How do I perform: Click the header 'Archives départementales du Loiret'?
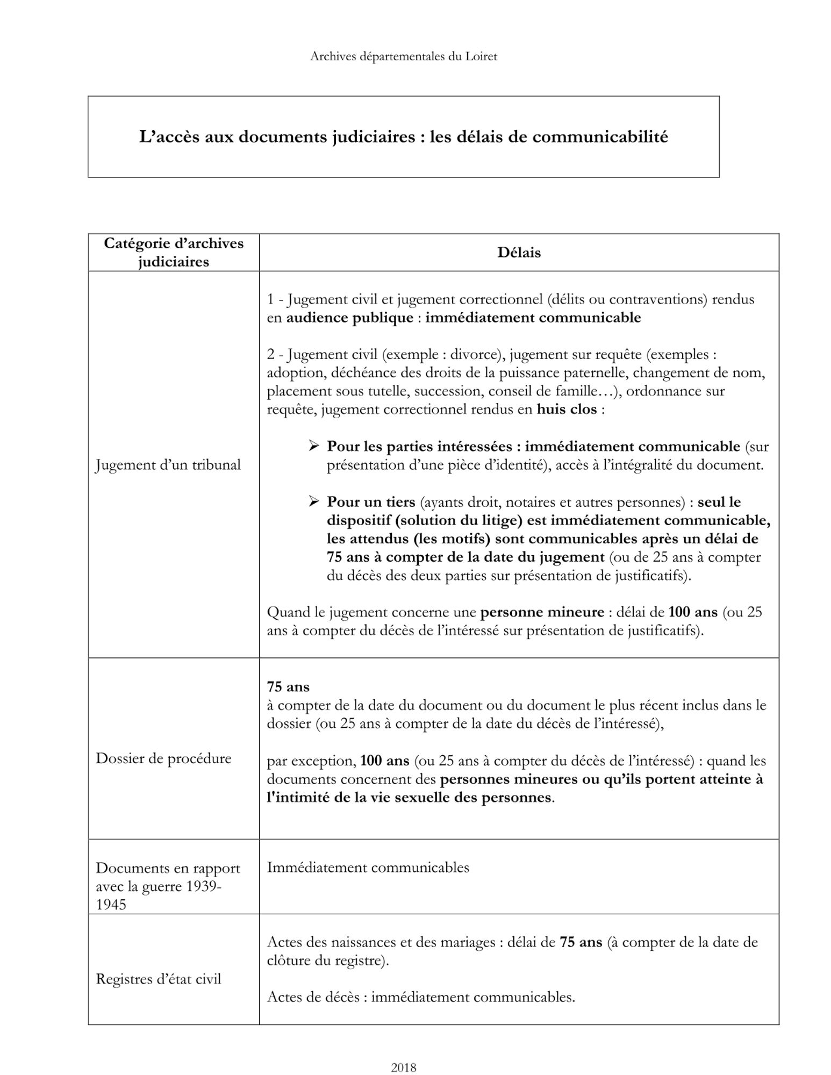tap(403, 56)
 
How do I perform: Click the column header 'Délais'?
tap(519, 253)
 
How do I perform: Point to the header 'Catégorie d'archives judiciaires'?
tap(173, 253)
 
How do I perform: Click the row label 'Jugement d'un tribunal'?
tap(168, 465)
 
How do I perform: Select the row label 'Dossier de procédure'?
tap(163, 758)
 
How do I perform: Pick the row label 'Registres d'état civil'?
tap(159, 979)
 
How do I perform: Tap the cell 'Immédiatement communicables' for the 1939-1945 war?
tap(368, 868)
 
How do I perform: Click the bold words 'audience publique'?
tap(349, 318)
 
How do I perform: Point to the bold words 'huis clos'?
tap(567, 410)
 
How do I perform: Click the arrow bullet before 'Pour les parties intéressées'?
tap(314, 446)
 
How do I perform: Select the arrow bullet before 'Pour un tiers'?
tap(314, 501)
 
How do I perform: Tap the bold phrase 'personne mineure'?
tap(542, 612)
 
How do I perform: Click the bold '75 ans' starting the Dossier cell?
tap(288, 687)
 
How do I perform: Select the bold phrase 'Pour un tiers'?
tap(371, 502)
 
